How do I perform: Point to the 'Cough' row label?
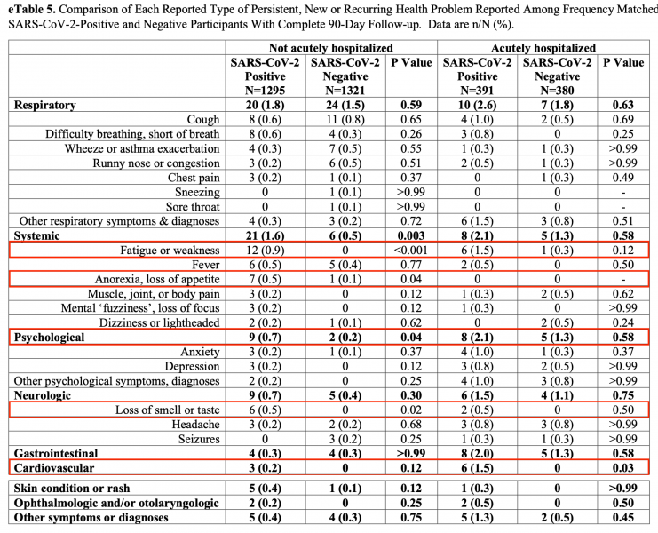203,119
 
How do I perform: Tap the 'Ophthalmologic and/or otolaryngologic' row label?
114,502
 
